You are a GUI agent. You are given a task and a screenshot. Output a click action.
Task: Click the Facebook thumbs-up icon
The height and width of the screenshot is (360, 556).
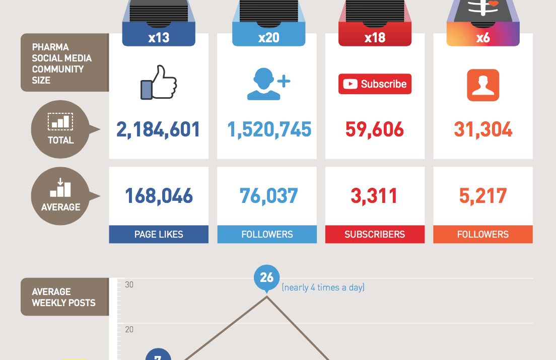click(159, 83)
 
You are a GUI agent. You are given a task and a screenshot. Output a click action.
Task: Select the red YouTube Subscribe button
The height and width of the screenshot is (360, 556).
click(375, 84)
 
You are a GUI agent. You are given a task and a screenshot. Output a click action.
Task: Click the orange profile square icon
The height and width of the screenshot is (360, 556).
click(483, 85)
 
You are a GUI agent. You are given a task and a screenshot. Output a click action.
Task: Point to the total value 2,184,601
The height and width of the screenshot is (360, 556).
click(158, 129)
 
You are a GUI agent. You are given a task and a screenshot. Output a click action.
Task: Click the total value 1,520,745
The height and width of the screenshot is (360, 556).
click(269, 129)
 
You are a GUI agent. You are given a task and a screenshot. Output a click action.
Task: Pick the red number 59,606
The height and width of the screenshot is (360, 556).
click(375, 129)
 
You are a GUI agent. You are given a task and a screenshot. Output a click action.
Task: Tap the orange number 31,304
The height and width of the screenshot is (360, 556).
click(483, 129)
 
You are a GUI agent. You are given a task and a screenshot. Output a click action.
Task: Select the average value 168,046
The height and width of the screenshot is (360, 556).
click(159, 196)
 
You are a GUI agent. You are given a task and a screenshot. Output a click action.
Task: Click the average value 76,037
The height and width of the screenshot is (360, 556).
click(269, 196)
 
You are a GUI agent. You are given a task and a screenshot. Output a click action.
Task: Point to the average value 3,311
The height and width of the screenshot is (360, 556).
click(374, 196)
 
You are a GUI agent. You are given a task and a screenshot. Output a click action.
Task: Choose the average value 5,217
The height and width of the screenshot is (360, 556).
click(483, 196)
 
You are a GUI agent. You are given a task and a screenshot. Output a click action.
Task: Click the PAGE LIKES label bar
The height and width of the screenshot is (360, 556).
click(159, 234)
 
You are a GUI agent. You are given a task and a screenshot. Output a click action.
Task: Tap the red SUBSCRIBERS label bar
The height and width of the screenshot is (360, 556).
click(375, 234)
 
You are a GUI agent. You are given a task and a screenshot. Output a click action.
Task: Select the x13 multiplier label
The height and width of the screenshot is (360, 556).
click(159, 38)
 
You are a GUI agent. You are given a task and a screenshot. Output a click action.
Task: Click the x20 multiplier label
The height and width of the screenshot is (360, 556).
click(269, 38)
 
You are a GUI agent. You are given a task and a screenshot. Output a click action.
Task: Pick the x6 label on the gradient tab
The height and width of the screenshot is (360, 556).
click(483, 38)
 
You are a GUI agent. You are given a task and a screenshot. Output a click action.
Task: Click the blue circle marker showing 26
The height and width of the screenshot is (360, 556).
click(267, 277)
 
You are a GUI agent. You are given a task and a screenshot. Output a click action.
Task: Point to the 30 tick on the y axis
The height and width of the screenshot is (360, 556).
click(129, 284)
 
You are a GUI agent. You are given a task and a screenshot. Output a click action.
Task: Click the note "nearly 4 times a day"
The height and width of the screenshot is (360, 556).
click(323, 287)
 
